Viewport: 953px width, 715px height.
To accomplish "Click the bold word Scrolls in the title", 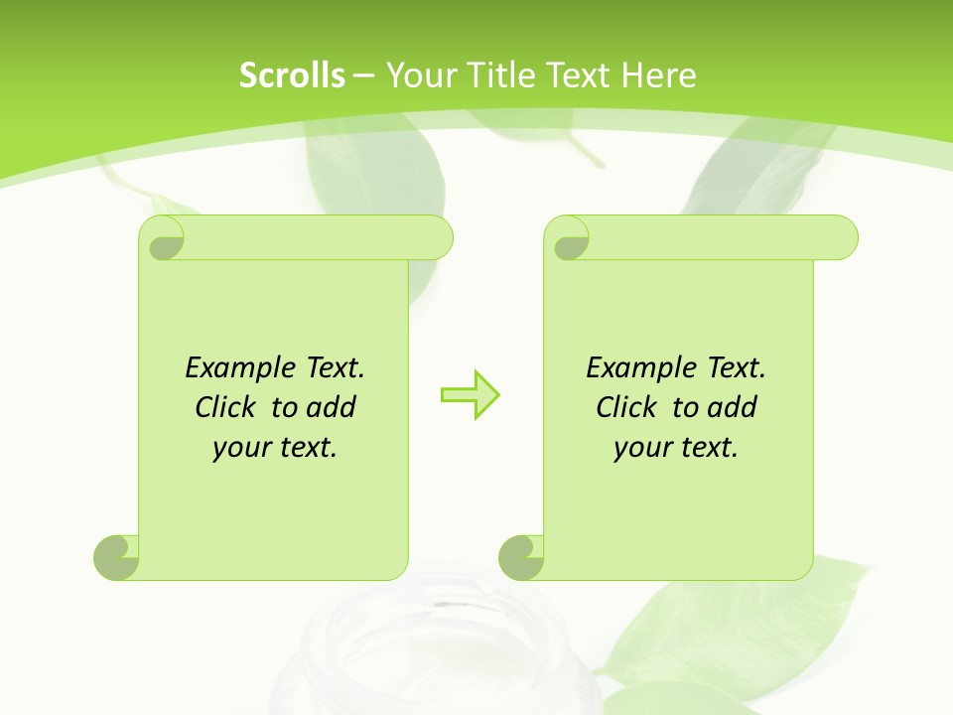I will [x=292, y=75].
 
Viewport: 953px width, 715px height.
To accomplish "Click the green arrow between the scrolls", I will [x=470, y=394].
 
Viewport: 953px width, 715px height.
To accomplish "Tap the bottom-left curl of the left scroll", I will [x=117, y=556].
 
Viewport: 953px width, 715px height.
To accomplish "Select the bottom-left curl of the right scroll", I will [x=521, y=556].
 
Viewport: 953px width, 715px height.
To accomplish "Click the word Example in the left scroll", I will [x=236, y=368].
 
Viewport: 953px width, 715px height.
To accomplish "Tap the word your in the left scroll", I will [x=239, y=448].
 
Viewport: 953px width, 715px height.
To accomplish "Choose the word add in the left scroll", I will [x=332, y=407].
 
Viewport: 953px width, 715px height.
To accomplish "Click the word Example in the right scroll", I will [x=637, y=368].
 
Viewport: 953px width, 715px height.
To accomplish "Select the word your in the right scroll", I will [x=640, y=448].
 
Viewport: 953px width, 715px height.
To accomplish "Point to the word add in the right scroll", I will [x=733, y=407].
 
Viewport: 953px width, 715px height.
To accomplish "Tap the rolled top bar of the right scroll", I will [x=715, y=238].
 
